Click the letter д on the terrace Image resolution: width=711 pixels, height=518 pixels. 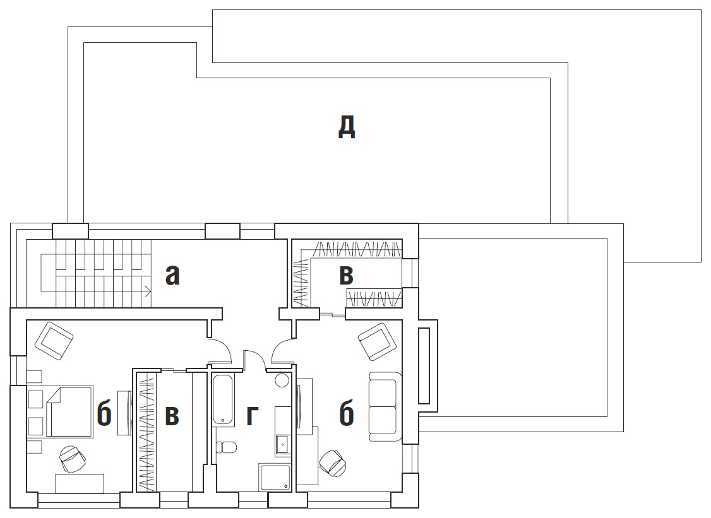(347, 127)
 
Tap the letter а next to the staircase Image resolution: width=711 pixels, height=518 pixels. (172, 275)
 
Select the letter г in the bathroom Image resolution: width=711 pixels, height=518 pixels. (252, 416)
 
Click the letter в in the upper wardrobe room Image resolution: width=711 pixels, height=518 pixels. (347, 275)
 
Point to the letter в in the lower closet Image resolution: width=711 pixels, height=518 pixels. (172, 416)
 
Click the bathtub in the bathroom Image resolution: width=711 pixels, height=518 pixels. (223, 399)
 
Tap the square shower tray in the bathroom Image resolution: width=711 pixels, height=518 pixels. (275, 477)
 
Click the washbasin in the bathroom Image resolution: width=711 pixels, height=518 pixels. (282, 444)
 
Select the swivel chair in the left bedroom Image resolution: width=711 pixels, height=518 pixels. (72, 459)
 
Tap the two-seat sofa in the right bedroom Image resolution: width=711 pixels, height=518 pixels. (385, 406)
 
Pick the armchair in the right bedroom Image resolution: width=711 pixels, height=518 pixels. (377, 342)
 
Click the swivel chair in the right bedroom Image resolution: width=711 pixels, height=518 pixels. (333, 463)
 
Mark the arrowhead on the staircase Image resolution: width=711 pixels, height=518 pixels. (149, 291)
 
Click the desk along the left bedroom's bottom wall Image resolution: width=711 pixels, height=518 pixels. (80, 483)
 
